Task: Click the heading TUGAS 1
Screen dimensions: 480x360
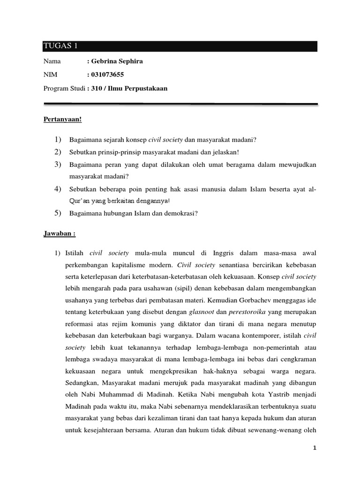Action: click(x=60, y=46)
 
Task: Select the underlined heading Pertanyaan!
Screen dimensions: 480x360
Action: click(x=62, y=119)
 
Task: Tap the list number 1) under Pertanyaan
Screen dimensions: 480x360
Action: click(x=58, y=139)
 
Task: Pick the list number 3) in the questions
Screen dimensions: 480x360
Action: click(x=58, y=164)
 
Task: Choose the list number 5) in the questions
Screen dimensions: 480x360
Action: click(x=58, y=213)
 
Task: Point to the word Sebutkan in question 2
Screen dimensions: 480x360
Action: click(x=82, y=152)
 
